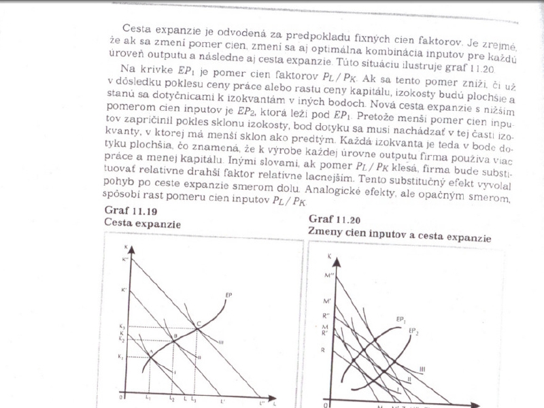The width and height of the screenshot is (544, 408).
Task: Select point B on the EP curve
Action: pyautogui.click(x=174, y=338)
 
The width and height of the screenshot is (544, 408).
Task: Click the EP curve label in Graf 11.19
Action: pyautogui.click(x=228, y=294)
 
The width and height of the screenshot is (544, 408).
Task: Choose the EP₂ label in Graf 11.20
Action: pyautogui.click(x=414, y=330)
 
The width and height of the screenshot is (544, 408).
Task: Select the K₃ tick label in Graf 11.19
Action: pyautogui.click(x=122, y=327)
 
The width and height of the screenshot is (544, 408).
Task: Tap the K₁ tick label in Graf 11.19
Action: pyautogui.click(x=122, y=356)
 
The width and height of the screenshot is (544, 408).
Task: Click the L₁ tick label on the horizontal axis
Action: pyautogui.click(x=148, y=396)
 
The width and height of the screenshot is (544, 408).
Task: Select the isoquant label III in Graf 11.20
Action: pyautogui.click(x=422, y=368)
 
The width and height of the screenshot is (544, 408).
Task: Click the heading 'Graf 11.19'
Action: pyautogui.click(x=123, y=209)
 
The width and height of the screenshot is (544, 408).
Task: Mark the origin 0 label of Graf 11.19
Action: pyautogui.click(x=120, y=396)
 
